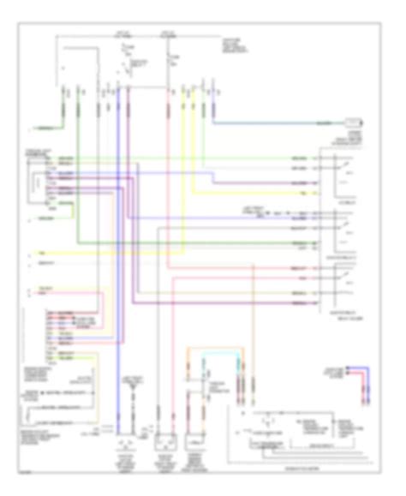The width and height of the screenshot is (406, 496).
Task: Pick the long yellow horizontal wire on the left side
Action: tap(128, 254)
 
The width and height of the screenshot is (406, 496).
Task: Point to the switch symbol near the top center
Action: tap(130, 64)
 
